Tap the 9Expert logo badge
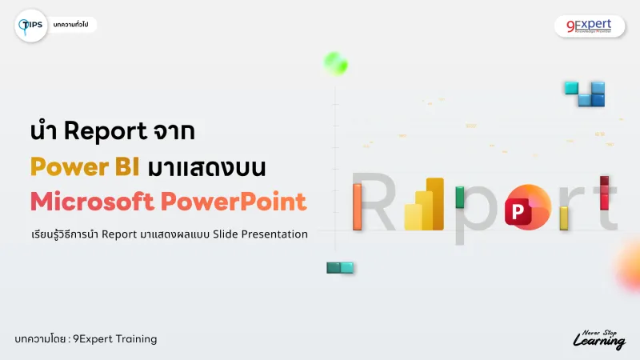584,26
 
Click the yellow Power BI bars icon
425,205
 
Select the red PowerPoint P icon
526,208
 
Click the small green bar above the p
460,197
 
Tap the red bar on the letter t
605,193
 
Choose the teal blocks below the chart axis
340,268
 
